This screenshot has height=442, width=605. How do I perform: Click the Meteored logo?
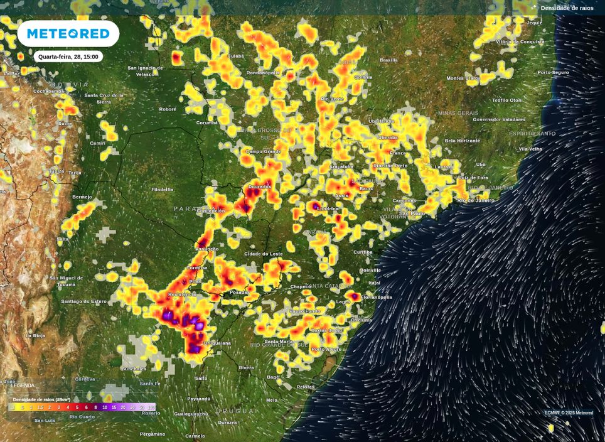point(68,33)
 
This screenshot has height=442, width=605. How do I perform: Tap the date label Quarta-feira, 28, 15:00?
point(68,57)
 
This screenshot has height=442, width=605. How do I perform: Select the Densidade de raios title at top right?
point(567,8)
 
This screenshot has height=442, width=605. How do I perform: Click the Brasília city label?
point(388,60)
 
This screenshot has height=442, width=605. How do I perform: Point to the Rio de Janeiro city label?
point(476,200)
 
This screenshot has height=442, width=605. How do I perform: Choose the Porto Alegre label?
point(326,349)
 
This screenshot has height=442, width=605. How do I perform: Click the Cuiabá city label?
point(235,56)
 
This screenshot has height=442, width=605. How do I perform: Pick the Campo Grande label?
point(263,151)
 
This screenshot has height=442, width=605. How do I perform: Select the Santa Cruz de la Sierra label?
point(104,98)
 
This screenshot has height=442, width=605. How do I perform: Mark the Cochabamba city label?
point(49,91)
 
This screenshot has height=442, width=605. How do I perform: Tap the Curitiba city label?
point(362,252)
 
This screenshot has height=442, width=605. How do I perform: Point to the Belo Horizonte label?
point(463,141)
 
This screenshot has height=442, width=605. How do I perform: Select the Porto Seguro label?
point(553,72)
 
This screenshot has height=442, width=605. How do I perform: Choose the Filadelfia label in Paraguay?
point(162,189)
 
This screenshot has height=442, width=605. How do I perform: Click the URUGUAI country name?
point(237,411)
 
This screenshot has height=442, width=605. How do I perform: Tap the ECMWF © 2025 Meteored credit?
point(569,412)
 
